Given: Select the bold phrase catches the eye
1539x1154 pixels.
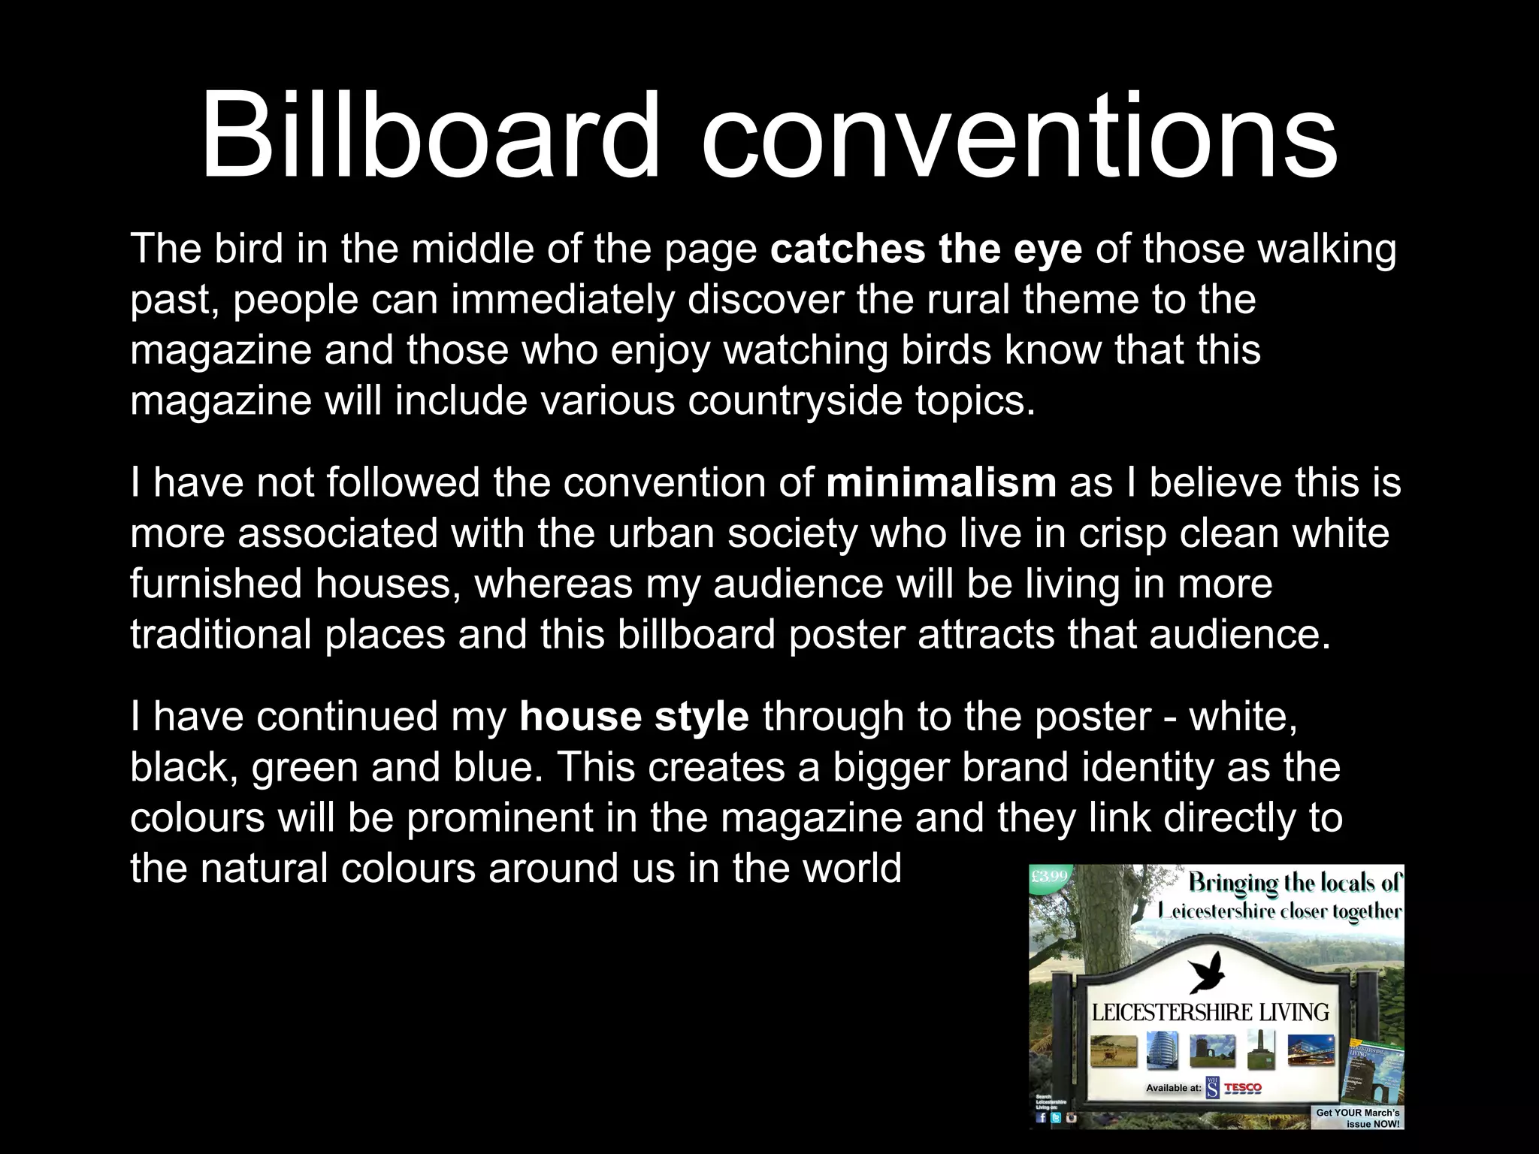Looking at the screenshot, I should pyautogui.click(x=926, y=249).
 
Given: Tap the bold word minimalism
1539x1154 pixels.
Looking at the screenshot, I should pyautogui.click(x=941, y=482).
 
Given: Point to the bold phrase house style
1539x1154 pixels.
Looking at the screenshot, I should pyautogui.click(x=633, y=716).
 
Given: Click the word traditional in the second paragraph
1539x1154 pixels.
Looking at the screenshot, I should pyautogui.click(x=220, y=635).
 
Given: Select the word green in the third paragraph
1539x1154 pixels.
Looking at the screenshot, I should pyautogui.click(x=304, y=767).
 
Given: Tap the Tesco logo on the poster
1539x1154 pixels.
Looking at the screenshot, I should pyautogui.click(x=1243, y=1087).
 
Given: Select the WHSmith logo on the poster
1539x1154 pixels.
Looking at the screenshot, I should pyautogui.click(x=1213, y=1087).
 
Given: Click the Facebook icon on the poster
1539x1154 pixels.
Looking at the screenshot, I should pyautogui.click(x=1042, y=1117).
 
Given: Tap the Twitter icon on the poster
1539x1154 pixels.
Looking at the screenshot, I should pyautogui.click(x=1057, y=1117).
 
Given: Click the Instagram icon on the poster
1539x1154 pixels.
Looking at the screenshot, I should pyautogui.click(x=1072, y=1117).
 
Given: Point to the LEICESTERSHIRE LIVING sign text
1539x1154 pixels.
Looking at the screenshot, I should pyautogui.click(x=1210, y=1012).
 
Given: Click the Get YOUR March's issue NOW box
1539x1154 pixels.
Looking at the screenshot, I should pyautogui.click(x=1357, y=1117).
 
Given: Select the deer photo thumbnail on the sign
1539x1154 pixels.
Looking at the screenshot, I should pyautogui.click(x=1113, y=1050).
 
